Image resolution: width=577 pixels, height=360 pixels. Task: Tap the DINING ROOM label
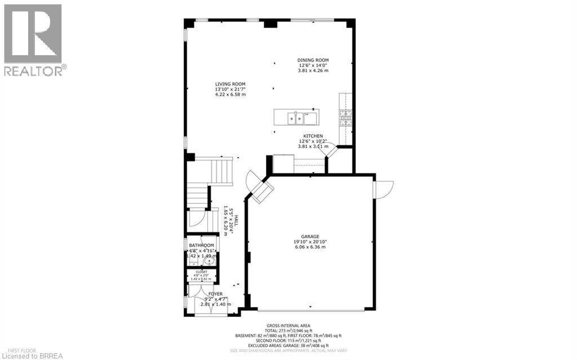point(313,60)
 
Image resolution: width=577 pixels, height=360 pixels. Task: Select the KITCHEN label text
point(313,136)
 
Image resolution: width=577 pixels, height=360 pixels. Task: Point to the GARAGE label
point(310,237)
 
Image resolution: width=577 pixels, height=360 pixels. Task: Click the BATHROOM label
point(201,246)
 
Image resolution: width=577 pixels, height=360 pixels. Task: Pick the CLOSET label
point(201,271)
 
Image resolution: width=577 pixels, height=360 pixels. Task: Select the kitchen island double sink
point(294,118)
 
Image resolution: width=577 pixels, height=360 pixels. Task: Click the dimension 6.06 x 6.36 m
point(310,247)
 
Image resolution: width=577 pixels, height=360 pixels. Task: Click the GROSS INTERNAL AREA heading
point(288,326)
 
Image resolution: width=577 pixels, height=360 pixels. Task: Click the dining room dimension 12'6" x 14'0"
point(313,65)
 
